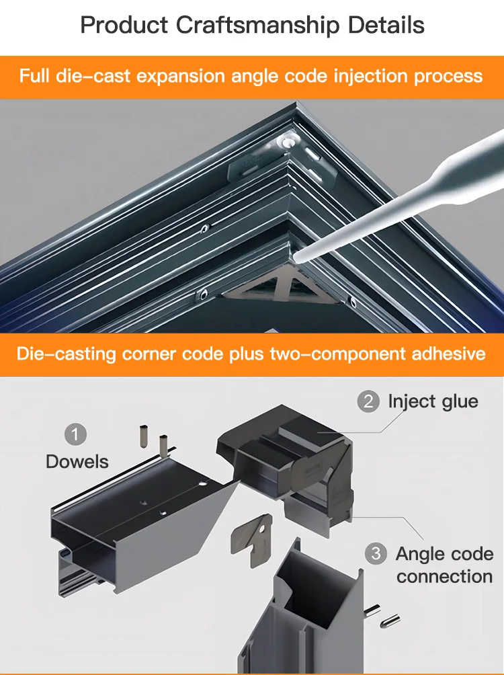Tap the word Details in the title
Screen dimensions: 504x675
(x=386, y=25)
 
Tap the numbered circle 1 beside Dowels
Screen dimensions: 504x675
(x=75, y=434)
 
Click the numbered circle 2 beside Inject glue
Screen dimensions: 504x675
(x=368, y=402)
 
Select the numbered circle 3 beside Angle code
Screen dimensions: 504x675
(x=376, y=554)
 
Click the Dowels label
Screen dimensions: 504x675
(x=77, y=462)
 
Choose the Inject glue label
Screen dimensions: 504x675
(x=433, y=402)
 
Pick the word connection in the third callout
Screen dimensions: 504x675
(x=444, y=577)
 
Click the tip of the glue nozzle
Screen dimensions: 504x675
(x=298, y=255)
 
